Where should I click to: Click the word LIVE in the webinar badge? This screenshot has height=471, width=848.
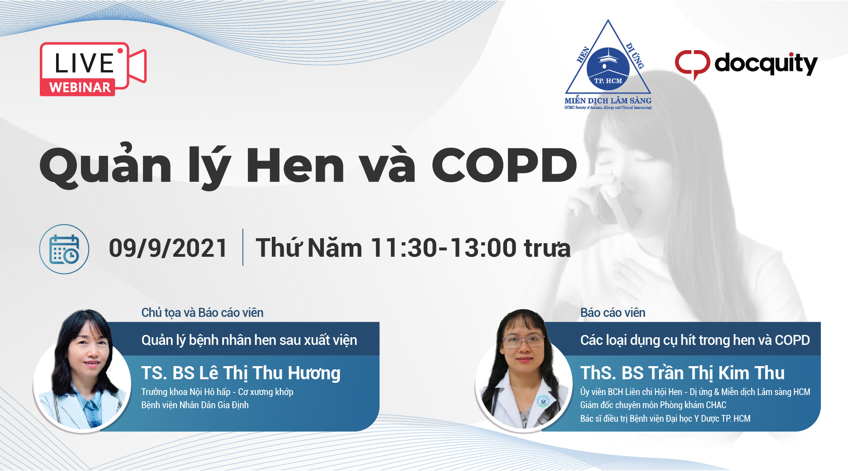[84, 63]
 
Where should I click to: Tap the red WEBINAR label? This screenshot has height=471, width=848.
[80, 87]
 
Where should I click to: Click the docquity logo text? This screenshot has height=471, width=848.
[766, 64]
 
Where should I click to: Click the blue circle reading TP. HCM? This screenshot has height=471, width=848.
[608, 69]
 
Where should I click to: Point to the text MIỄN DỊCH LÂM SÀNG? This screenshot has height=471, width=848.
[608, 100]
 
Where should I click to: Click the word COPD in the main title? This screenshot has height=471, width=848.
[504, 165]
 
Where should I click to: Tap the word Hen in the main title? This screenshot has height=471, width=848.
[295, 165]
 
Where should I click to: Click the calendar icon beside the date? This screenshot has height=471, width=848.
[64, 249]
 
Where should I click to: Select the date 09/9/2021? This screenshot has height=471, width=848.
[168, 248]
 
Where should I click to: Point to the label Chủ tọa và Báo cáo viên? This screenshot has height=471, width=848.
[202, 312]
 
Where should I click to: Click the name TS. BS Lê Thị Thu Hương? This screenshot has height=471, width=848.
[241, 373]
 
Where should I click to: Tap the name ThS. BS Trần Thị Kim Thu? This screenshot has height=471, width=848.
[682, 373]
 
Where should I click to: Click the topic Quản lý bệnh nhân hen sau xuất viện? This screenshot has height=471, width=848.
[249, 340]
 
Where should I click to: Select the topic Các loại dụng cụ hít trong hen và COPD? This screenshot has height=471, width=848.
[695, 340]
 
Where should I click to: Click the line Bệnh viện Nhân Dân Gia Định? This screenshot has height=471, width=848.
[195, 405]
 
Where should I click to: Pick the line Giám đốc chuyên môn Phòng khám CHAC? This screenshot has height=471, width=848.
[653, 405]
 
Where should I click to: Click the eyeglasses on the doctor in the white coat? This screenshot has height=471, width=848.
[523, 340]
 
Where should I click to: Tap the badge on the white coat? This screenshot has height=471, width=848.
[543, 401]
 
